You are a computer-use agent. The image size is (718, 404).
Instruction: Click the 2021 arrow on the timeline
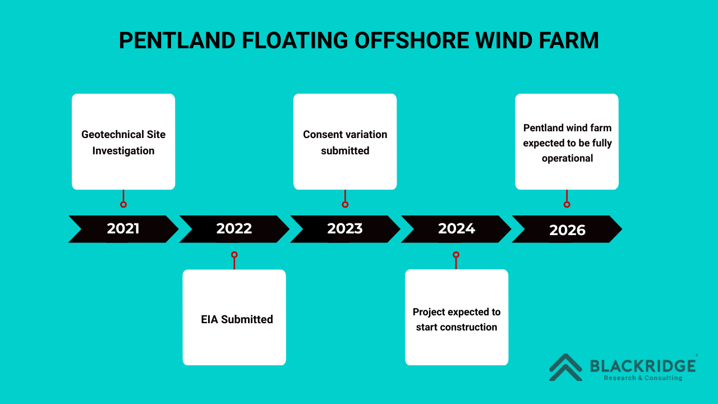[123, 229]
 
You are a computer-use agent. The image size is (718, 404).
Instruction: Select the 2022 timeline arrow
[234, 229]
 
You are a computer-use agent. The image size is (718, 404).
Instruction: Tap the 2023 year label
[345, 229]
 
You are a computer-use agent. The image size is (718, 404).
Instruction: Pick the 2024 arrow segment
[456, 229]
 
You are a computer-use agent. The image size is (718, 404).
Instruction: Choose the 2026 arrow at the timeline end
[567, 229]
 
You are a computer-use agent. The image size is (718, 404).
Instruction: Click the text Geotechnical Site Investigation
[123, 143]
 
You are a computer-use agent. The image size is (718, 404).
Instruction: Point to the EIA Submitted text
[237, 319]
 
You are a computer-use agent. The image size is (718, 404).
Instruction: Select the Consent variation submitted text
[345, 143]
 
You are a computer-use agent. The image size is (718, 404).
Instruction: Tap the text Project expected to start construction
[457, 319]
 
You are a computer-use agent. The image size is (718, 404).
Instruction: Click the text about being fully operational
[567, 143]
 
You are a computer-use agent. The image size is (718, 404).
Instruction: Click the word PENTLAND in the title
[176, 41]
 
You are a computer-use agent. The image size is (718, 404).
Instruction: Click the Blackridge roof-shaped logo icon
[565, 367]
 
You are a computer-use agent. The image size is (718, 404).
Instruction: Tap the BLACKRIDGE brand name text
[643, 366]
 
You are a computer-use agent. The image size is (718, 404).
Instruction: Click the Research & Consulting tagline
[643, 378]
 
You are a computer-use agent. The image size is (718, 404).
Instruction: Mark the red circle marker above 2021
[123, 204]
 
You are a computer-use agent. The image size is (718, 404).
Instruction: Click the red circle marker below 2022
[234, 255]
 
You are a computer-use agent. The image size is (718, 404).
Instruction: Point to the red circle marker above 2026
[567, 204]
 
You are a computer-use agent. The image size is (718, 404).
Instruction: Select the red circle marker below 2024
[456, 255]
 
